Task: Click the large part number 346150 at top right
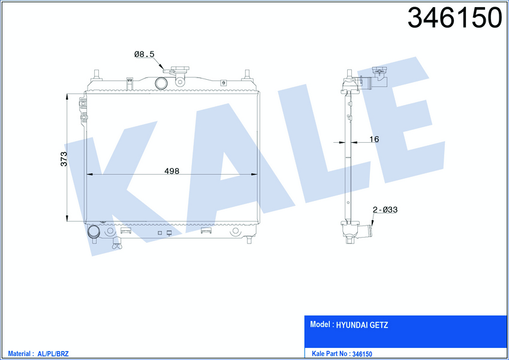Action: click(455, 17)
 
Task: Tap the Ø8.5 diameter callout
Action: click(144, 54)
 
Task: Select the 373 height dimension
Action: click(64, 159)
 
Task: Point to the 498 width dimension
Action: click(171, 171)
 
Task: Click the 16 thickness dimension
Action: click(374, 139)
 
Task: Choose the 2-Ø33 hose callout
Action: click(385, 209)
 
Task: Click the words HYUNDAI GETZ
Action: click(362, 325)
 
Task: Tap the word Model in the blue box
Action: click(320, 324)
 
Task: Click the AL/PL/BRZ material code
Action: click(53, 354)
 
